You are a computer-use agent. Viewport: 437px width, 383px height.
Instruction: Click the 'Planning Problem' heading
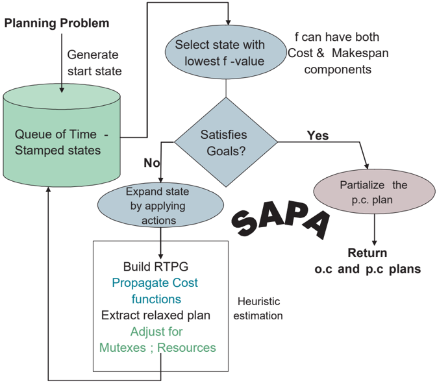56,23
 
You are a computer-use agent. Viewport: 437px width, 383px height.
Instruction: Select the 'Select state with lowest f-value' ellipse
226,52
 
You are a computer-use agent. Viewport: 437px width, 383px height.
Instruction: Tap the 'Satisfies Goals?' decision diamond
226,142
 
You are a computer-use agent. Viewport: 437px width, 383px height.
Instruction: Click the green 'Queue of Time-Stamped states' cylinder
62,136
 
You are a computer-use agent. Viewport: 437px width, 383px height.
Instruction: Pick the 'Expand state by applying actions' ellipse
160,205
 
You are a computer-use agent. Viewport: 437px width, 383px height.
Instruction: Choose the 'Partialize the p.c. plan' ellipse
374,191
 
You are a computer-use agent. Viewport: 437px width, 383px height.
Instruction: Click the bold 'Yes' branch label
318,136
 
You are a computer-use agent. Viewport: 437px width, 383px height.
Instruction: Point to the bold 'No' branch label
151,163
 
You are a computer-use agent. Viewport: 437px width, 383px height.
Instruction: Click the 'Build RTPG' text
156,267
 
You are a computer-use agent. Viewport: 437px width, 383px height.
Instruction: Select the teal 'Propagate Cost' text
155,283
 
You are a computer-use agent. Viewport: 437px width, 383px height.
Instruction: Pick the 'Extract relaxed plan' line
156,315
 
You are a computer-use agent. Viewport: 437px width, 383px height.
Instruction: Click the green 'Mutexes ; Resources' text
158,348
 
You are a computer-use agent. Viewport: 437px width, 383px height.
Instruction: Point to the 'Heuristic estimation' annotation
258,308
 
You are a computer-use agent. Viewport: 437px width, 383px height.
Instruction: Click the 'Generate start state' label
95,63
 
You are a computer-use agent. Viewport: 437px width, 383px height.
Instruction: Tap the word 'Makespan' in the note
360,53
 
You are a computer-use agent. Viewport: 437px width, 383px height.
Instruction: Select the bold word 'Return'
368,253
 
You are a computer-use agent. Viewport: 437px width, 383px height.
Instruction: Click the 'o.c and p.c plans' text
368,269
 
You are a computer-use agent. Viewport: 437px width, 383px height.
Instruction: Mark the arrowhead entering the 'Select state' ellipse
229,22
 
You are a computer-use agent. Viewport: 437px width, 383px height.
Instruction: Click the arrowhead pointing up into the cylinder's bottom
48,190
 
